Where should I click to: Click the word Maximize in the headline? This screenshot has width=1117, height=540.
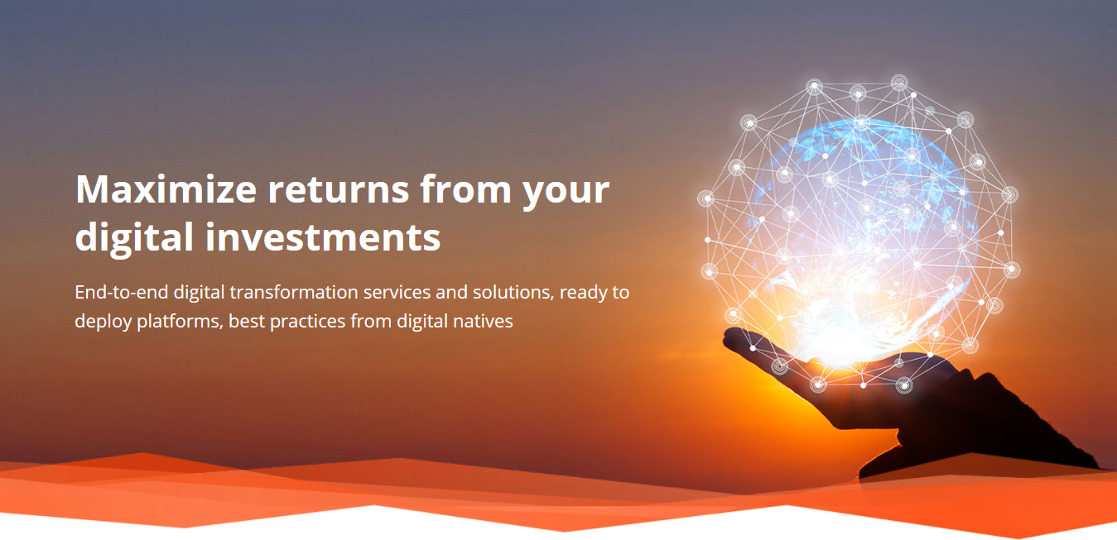pos(166,189)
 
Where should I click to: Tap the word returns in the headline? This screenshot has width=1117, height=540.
pos(339,191)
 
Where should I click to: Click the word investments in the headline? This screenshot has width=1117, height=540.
pos(323,237)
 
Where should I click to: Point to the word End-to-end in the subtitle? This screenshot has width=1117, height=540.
pos(121,292)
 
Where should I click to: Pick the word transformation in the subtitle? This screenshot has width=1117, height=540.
pos(294,292)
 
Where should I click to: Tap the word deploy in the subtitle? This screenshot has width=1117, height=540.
pos(103,322)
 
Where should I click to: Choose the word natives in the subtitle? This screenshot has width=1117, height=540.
pos(483,322)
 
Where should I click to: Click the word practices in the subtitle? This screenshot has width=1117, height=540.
pos(307,322)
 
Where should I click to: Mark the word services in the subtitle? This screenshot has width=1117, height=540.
pos(397,293)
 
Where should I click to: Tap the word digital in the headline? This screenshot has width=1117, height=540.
pos(134,238)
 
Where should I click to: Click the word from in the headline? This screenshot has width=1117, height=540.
pos(465,189)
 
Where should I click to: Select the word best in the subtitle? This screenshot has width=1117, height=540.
pos(247,322)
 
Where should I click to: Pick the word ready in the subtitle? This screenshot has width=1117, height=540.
pos(582,293)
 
